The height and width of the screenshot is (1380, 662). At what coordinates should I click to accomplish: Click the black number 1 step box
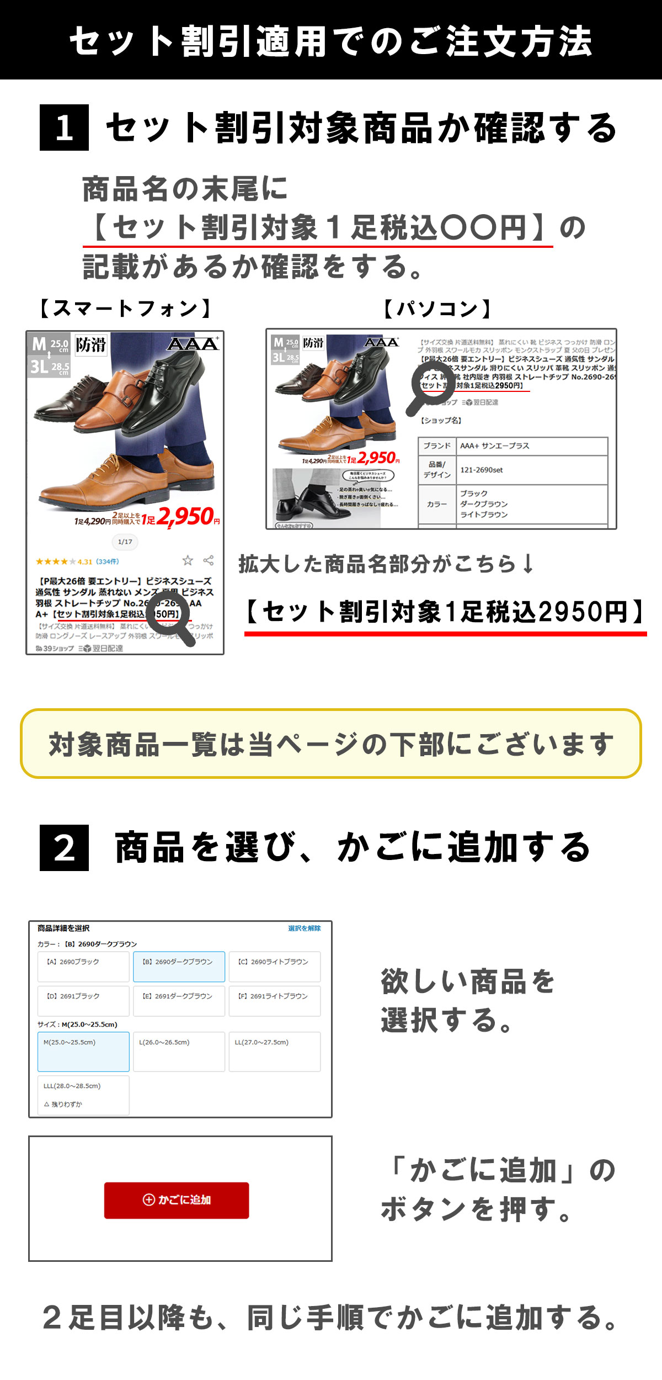point(64,128)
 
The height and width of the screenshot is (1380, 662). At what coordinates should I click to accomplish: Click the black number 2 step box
point(64,848)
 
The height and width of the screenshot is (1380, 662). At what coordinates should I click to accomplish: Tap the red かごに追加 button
point(177,1200)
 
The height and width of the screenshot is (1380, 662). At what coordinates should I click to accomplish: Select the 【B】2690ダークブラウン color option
point(179,967)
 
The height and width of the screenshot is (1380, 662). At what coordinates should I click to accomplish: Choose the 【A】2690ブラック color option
point(83,967)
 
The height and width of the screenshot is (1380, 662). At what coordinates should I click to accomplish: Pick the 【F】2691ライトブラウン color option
point(275,1001)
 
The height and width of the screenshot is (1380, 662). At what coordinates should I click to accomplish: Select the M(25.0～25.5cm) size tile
point(83,1052)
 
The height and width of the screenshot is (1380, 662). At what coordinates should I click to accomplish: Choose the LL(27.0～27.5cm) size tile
point(275,1052)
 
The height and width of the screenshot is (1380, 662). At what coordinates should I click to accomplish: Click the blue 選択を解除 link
point(304,928)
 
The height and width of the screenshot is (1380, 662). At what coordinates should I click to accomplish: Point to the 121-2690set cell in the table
point(532,470)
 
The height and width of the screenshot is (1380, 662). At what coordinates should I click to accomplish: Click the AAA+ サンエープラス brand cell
point(532,446)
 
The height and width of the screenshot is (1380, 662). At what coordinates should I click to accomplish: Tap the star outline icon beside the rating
point(188,561)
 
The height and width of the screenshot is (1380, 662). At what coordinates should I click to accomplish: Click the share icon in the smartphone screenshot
point(209,561)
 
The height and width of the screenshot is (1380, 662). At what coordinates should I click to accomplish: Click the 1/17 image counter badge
point(125,542)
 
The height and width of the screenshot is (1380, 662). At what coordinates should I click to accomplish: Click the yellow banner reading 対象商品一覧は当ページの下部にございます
point(331,744)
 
